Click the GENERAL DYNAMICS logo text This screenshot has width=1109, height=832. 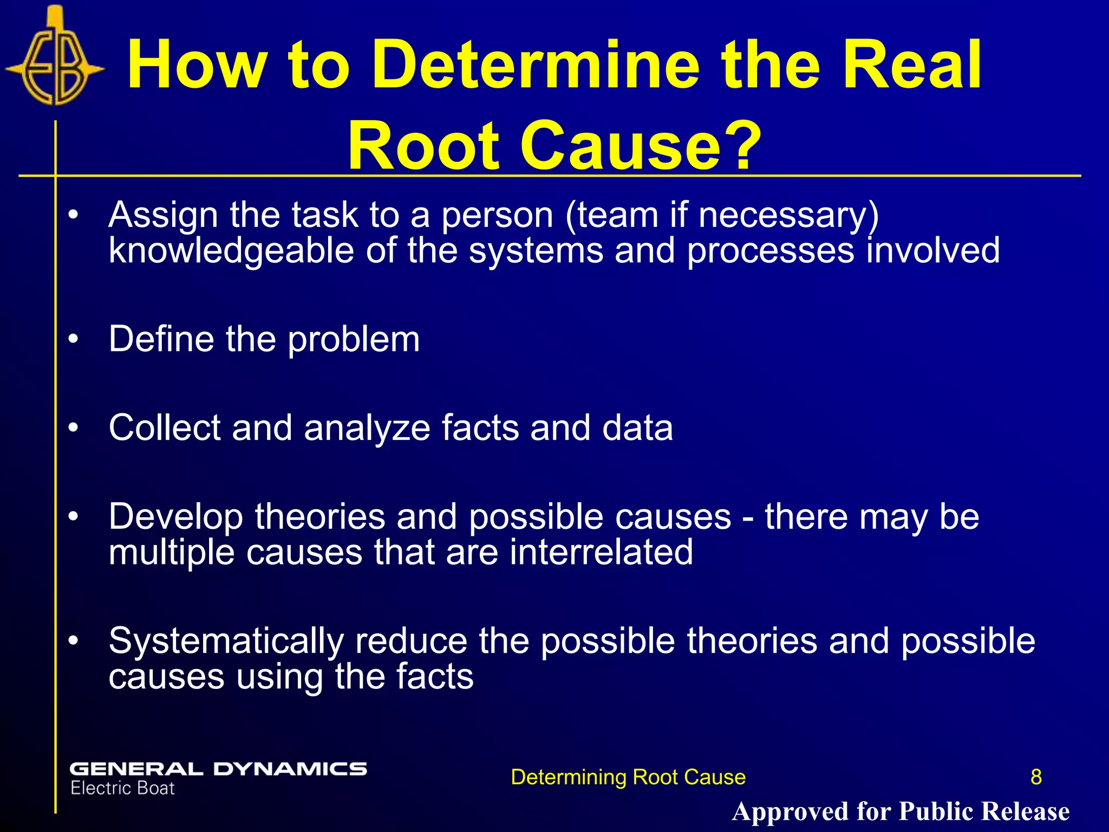pos(218,769)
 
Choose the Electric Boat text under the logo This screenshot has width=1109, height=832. pos(122,789)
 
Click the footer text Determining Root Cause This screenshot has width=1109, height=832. pos(628,777)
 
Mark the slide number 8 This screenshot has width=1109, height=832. pos(1036,777)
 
